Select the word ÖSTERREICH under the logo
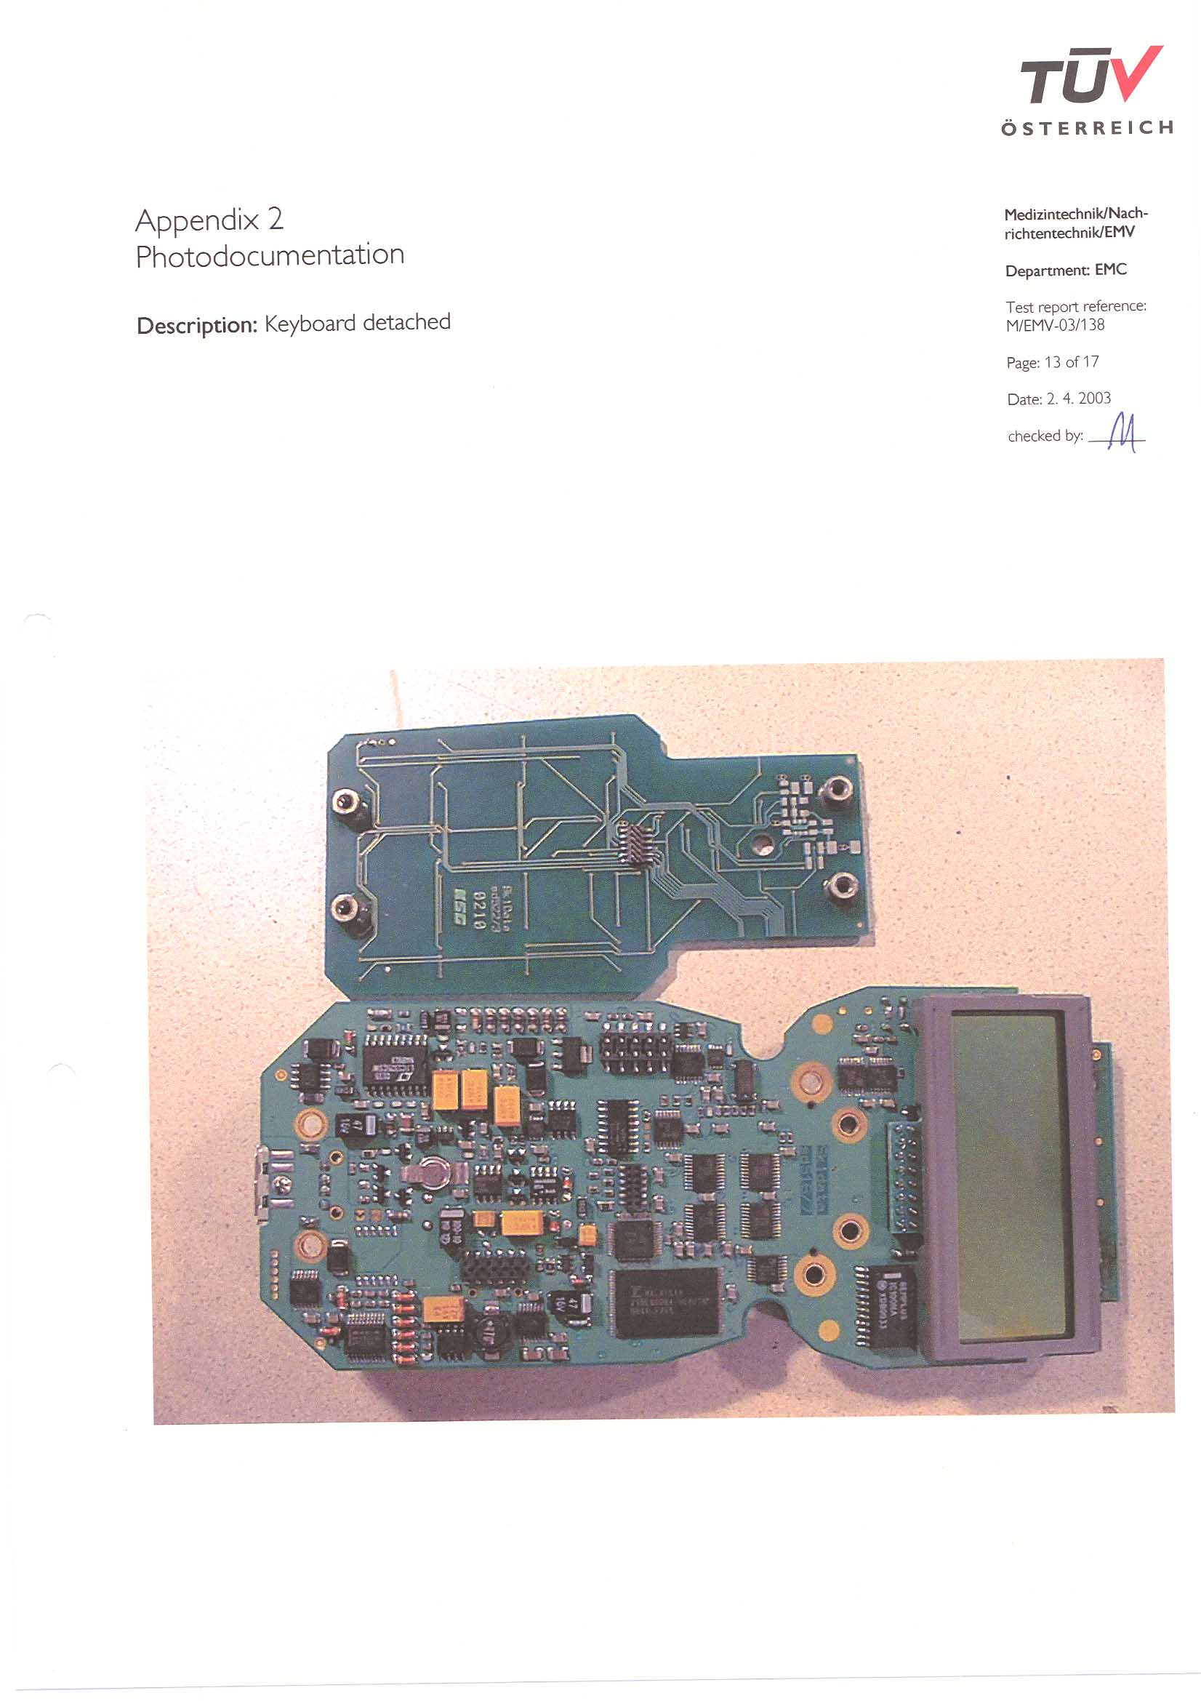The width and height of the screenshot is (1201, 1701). pos(1086,128)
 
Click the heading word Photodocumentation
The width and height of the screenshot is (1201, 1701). pos(270,255)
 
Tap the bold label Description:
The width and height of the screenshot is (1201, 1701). pos(196,325)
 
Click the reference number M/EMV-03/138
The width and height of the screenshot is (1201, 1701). pos(1054,325)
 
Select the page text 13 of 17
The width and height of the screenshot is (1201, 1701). pos(1072,362)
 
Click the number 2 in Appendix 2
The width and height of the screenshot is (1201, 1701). pos(276,220)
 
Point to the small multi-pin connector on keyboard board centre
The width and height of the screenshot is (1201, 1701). pos(635,844)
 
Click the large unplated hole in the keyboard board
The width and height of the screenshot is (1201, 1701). pos(761,841)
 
